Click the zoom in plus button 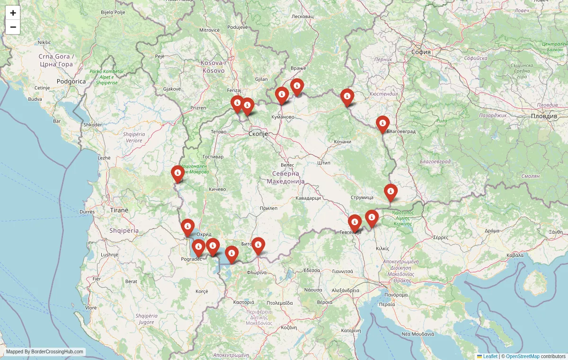13,13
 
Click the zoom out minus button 13,27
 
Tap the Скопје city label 258,134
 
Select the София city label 421,52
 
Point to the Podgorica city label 71,81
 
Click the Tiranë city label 119,210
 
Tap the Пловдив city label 544,116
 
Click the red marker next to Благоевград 382,124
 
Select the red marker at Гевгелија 355,222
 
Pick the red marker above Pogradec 198,247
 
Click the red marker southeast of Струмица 390,192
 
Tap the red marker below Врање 297,87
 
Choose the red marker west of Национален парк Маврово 177,174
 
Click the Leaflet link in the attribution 490,356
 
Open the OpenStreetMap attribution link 523,356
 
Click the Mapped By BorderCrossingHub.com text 45,351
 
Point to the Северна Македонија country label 285,177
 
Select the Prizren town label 198,108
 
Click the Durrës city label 87,212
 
